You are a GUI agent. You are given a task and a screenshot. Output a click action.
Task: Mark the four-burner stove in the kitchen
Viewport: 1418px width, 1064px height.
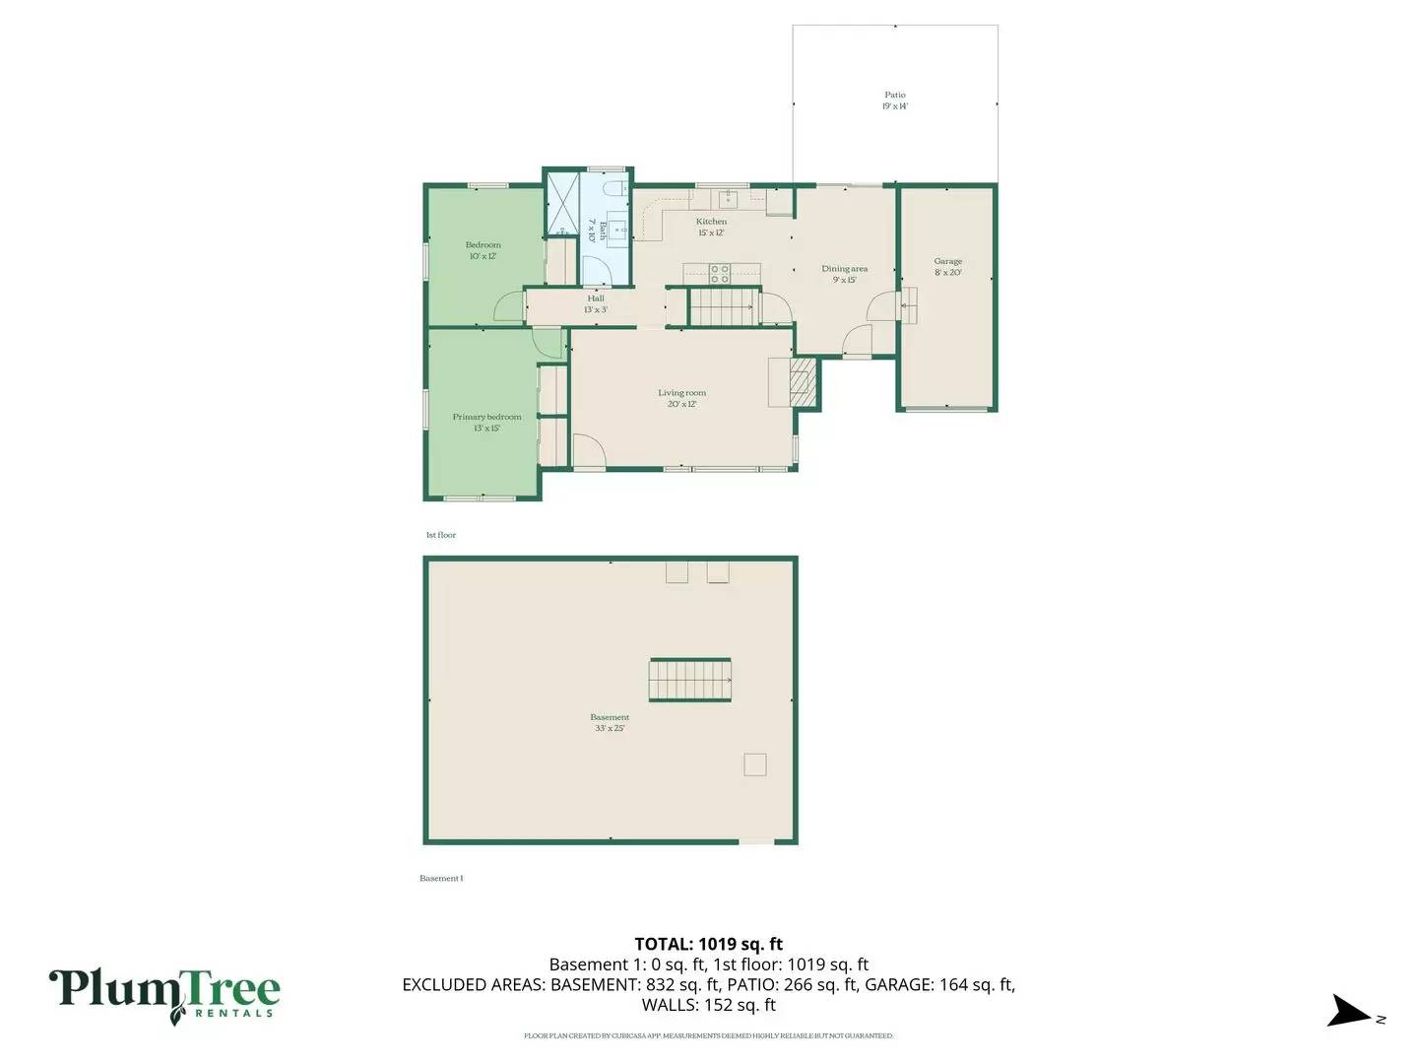click(x=720, y=273)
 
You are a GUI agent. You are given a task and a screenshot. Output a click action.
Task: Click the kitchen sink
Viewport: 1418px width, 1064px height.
click(x=728, y=199)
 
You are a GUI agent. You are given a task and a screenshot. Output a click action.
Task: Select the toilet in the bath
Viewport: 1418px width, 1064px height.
click(x=612, y=187)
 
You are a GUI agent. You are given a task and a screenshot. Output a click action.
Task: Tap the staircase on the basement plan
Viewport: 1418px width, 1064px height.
click(x=689, y=680)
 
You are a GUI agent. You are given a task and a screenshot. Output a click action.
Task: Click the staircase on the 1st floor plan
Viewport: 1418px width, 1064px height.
click(x=723, y=307)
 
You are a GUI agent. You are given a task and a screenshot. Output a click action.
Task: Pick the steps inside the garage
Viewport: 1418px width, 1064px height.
click(x=909, y=305)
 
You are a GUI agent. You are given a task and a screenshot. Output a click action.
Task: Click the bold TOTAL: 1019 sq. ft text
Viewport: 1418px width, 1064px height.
click(x=708, y=944)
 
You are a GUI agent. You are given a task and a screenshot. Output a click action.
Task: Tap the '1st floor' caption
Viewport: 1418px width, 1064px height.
click(x=440, y=535)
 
